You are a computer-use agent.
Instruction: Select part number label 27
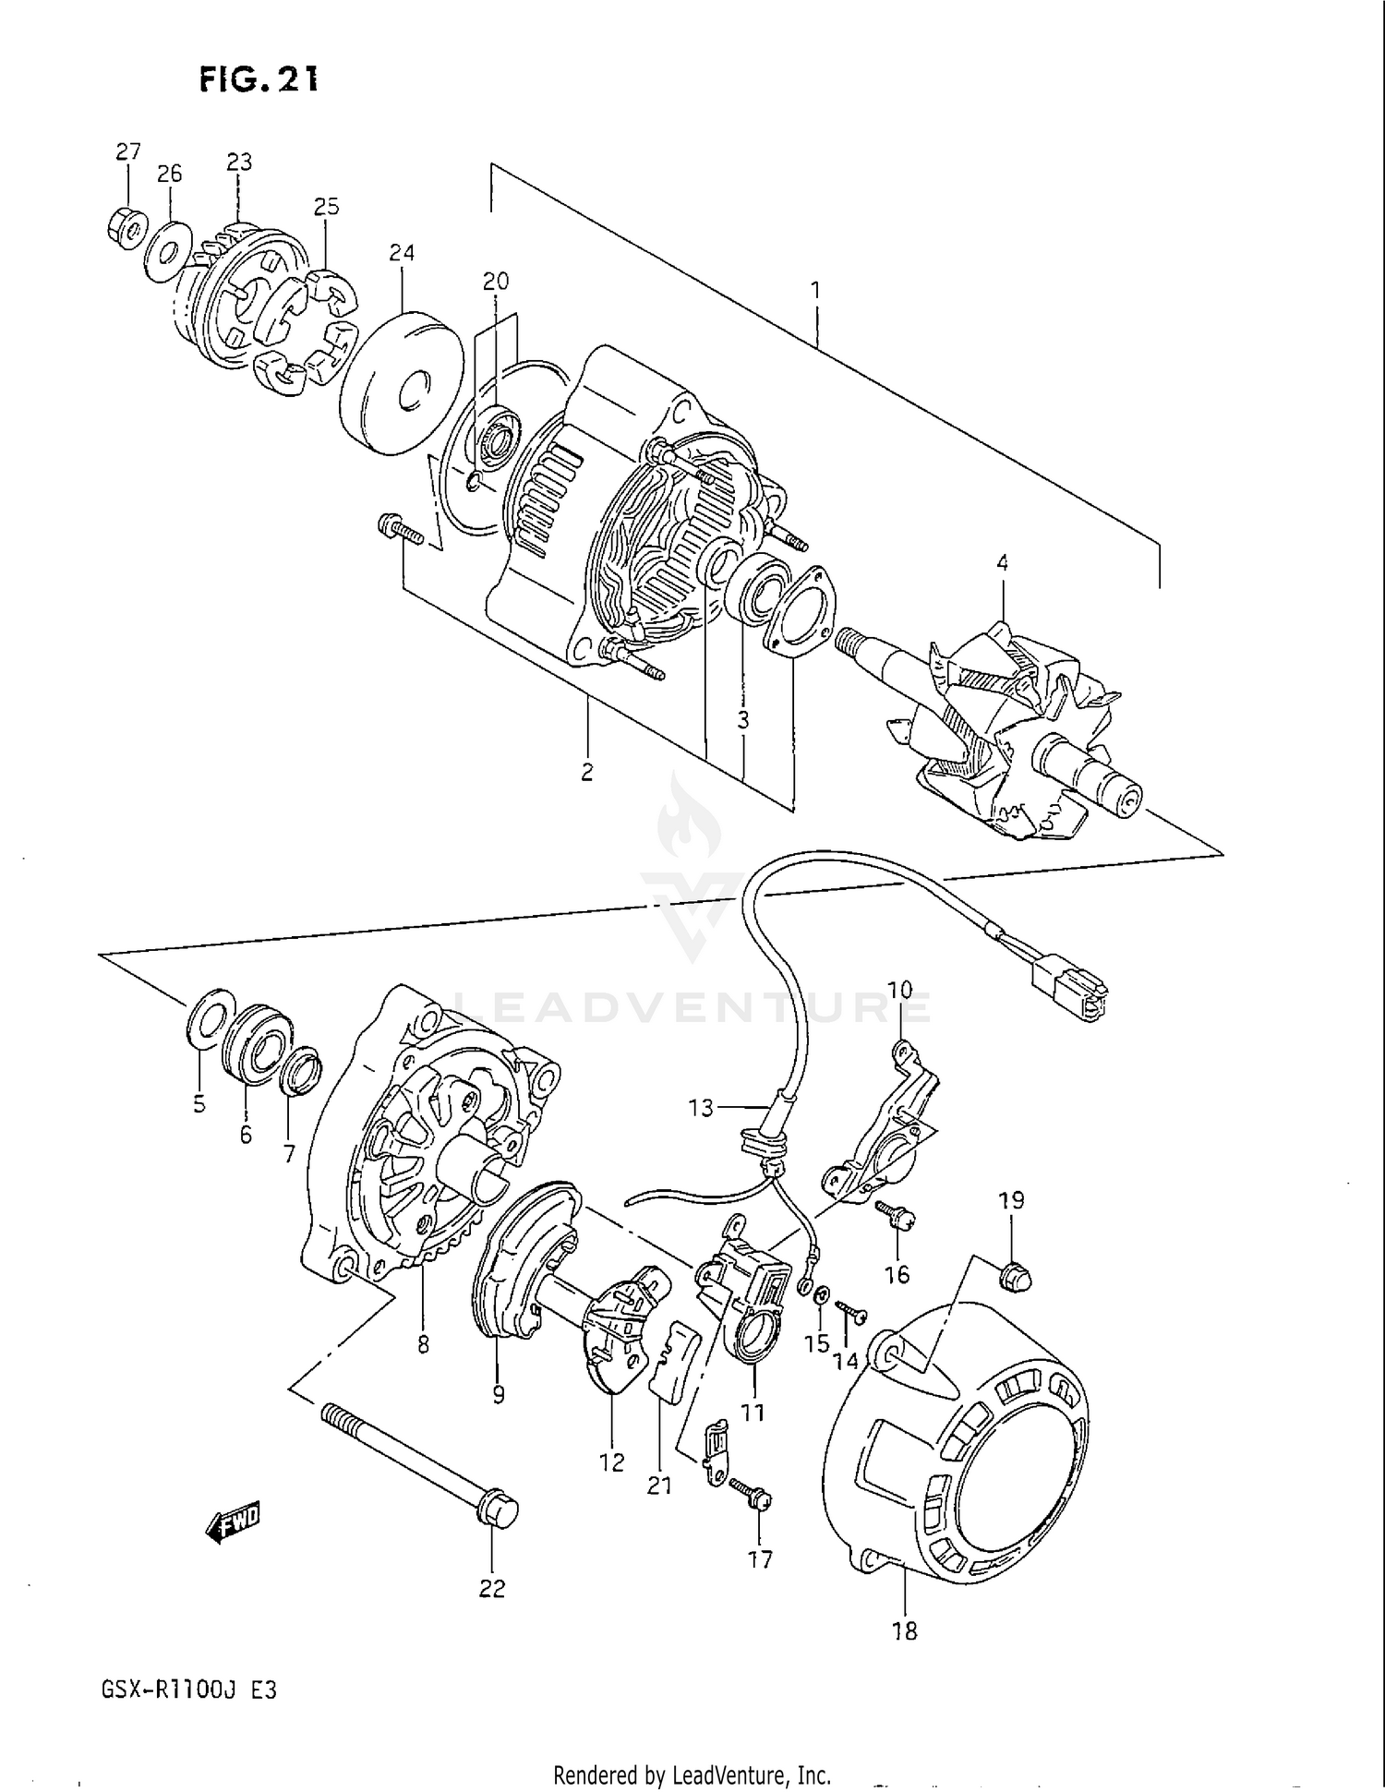pos(128,151)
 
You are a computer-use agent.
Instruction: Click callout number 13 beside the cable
pos(701,1107)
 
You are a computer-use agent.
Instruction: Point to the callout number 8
pos(423,1345)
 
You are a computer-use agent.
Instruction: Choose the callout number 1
pos(815,290)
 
